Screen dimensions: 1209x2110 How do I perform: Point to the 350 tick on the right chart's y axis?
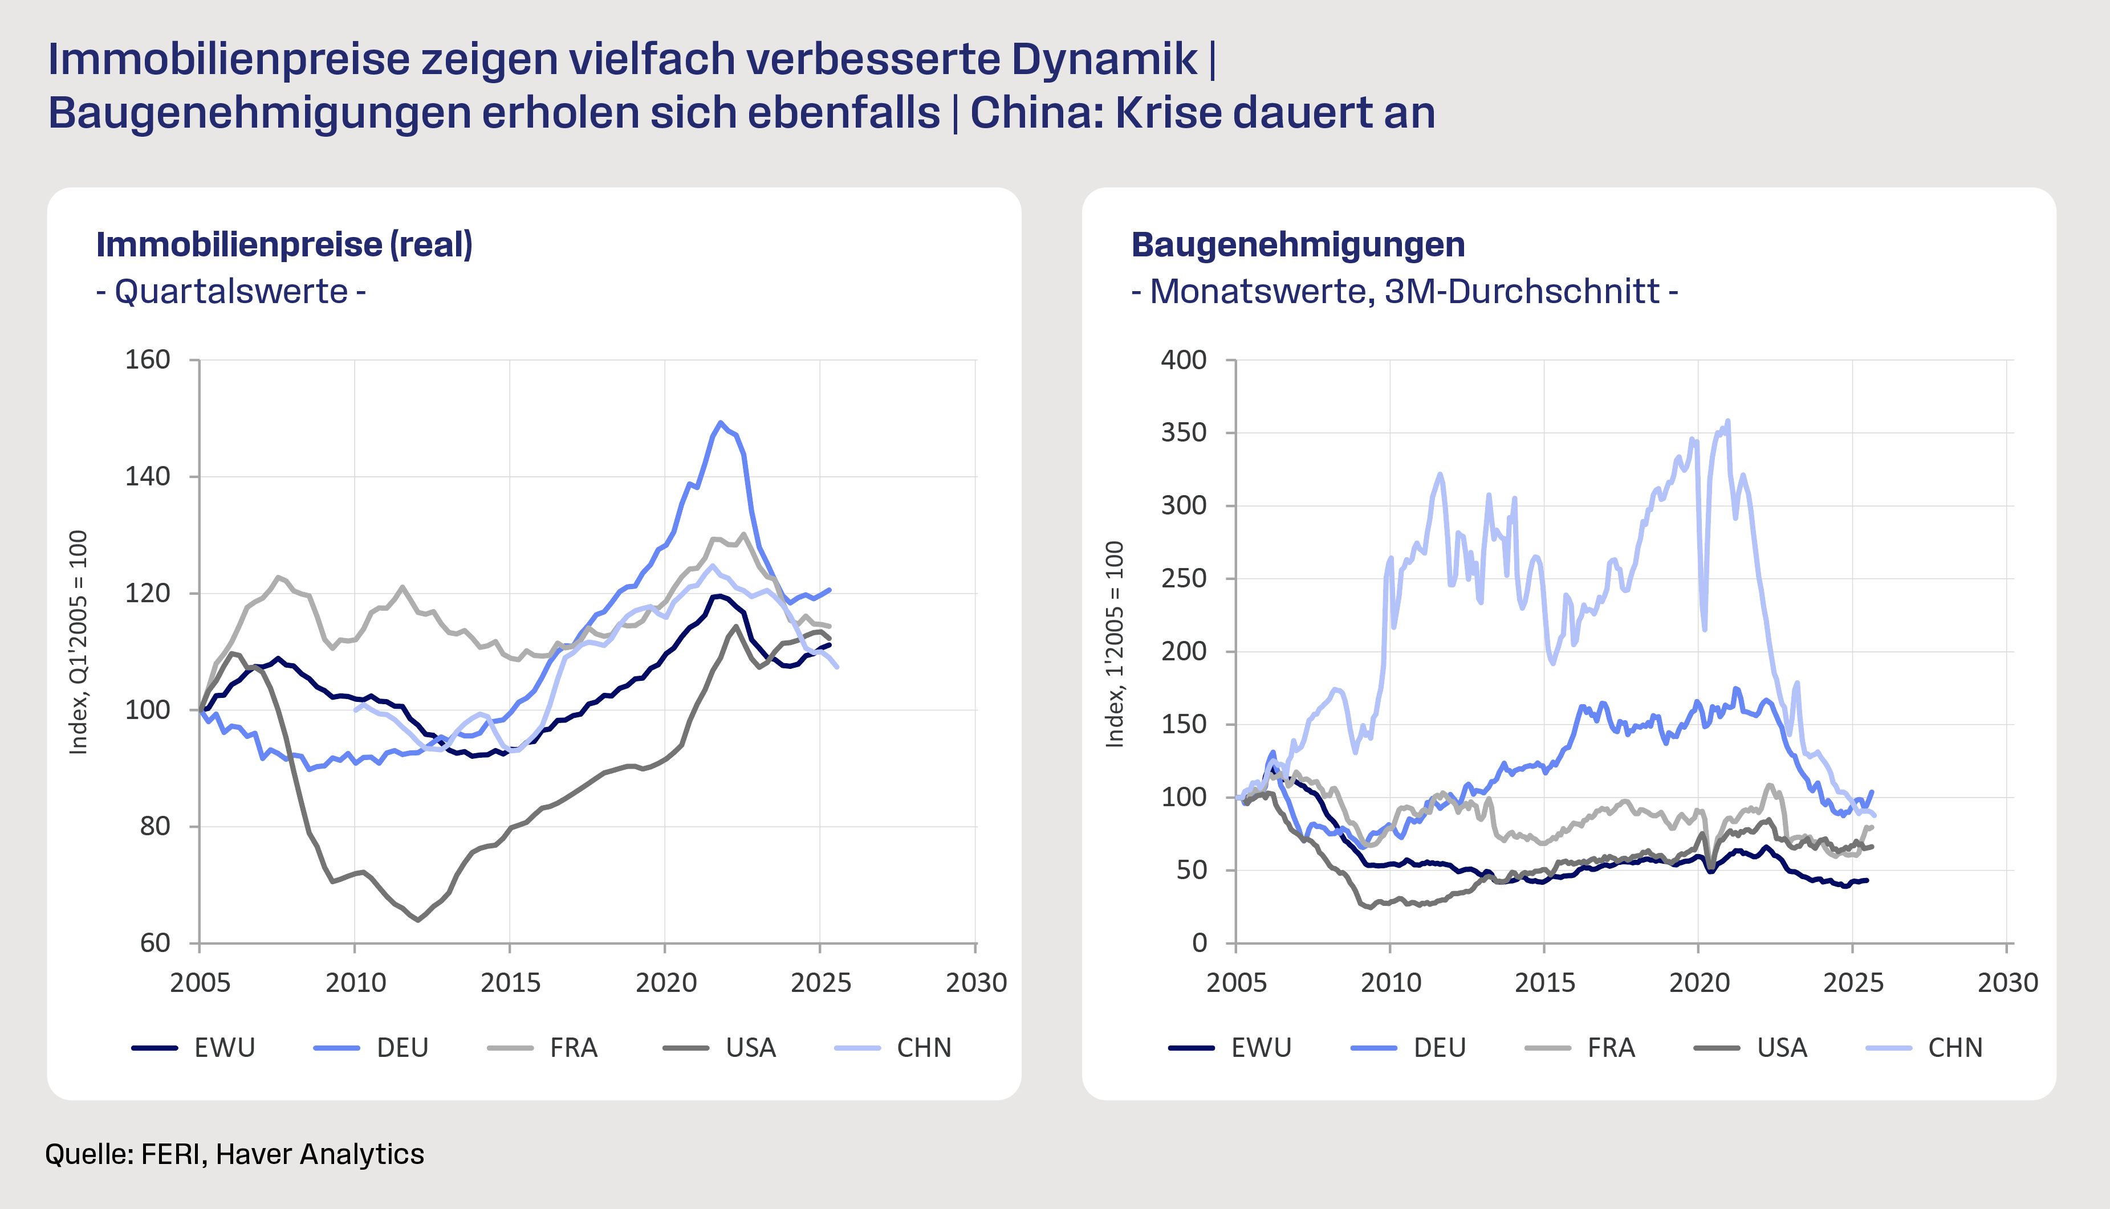(1183, 432)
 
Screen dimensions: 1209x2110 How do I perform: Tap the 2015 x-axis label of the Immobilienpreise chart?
(510, 983)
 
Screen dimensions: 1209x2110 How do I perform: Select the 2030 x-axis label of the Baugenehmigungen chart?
(2007, 983)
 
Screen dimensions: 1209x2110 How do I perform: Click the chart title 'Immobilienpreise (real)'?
(284, 245)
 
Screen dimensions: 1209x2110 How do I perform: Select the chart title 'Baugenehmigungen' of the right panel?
(1298, 245)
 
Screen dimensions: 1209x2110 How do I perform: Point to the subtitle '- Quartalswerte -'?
(231, 292)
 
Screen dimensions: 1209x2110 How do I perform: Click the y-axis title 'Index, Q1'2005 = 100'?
(78, 642)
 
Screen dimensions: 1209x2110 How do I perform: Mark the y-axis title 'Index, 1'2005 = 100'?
(1115, 644)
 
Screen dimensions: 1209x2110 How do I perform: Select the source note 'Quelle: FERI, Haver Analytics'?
(234, 1154)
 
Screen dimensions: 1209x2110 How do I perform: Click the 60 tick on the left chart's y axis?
(155, 943)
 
